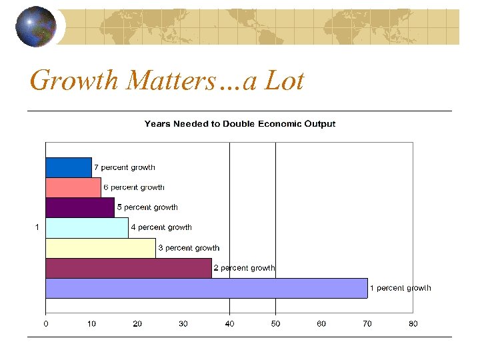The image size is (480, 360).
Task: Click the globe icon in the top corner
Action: tap(35, 27)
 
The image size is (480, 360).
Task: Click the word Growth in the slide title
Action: tap(74, 81)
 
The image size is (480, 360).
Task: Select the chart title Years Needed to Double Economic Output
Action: tap(240, 124)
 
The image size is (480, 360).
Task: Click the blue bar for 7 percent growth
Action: tap(68, 167)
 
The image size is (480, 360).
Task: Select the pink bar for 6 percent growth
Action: tap(73, 187)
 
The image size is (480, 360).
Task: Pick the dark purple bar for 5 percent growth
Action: tap(79, 207)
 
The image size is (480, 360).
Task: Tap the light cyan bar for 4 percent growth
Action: tap(87, 227)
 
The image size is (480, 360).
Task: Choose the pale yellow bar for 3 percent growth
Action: tap(100, 248)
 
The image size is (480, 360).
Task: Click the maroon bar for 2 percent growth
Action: tap(128, 268)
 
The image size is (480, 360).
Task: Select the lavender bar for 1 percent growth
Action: tap(206, 288)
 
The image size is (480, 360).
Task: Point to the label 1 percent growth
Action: tap(400, 288)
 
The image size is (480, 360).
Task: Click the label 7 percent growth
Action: tap(125, 167)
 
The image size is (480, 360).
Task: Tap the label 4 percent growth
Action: tap(161, 227)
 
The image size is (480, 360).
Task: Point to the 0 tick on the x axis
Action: tap(45, 324)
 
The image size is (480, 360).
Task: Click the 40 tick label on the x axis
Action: tap(229, 324)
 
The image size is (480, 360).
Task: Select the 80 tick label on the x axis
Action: tap(413, 324)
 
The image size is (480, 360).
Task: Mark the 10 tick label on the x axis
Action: tap(91, 324)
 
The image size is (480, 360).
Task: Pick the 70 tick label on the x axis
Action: tap(367, 324)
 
